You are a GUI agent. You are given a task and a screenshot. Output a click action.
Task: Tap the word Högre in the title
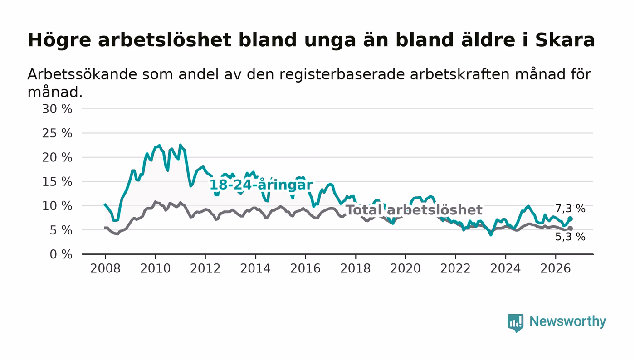point(59,40)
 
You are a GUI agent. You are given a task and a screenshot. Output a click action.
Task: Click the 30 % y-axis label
point(57,109)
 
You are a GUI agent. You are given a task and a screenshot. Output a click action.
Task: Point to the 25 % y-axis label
point(57,133)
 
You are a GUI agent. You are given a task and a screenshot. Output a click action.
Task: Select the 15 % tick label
point(57,182)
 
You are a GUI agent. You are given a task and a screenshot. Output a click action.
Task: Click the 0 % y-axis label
point(61,254)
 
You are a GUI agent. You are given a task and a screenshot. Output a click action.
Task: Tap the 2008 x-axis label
point(105,268)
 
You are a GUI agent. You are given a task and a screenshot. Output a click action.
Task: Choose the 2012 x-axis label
point(205,268)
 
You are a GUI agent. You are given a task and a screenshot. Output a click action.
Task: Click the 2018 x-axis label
point(355,268)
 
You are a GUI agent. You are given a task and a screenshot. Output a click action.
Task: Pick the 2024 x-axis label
point(505,268)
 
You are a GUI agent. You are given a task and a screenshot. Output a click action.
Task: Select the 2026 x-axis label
point(555,268)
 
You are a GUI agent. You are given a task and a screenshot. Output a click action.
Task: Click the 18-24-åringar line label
point(261,185)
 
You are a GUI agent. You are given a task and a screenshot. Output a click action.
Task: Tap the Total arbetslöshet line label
point(414,210)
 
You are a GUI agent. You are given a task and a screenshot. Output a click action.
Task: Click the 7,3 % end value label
point(570,209)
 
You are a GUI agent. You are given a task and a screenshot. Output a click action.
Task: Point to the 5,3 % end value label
point(570,237)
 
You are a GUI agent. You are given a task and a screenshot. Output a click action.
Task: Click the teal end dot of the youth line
point(571,219)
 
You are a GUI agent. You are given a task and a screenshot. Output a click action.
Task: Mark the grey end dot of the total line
point(571,229)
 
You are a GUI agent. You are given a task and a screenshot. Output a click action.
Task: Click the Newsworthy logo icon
point(516,323)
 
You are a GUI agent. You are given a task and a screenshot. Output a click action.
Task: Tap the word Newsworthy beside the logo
point(568,321)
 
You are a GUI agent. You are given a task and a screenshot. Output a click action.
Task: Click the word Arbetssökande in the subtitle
point(82,74)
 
